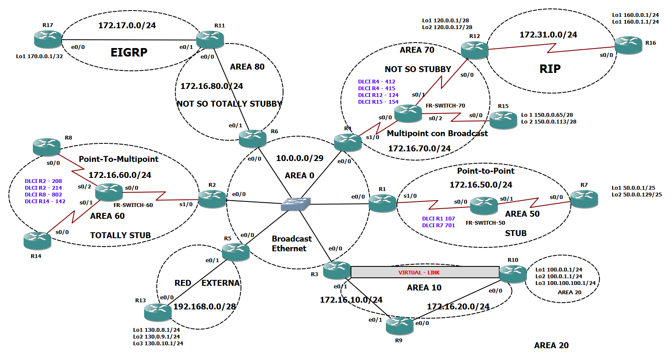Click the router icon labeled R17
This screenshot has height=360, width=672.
(48, 39)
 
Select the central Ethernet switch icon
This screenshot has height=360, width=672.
(296, 204)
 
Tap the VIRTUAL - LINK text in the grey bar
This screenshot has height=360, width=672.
(419, 273)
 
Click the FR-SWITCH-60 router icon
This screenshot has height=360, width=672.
(109, 192)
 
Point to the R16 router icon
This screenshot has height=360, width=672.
(628, 45)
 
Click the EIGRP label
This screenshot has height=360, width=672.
(129, 52)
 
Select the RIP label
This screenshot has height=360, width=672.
(550, 69)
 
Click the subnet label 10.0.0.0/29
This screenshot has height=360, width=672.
(300, 158)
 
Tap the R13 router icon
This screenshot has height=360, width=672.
(158, 312)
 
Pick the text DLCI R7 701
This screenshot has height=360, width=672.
(439, 226)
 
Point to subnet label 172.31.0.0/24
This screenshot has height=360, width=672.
(548, 35)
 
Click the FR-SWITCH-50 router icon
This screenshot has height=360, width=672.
(484, 206)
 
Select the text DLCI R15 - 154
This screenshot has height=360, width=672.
(378, 102)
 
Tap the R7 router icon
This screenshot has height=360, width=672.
(584, 199)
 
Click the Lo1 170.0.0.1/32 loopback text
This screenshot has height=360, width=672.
(39, 56)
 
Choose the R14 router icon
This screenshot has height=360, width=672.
(37, 240)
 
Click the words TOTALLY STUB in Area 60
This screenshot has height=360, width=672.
(120, 235)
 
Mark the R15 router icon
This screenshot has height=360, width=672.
(503, 120)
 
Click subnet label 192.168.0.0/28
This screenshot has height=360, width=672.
(204, 306)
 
